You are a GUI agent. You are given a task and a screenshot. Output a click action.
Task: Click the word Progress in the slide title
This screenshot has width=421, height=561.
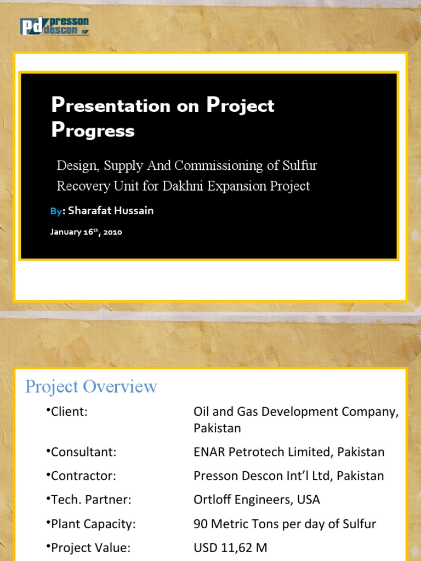93,130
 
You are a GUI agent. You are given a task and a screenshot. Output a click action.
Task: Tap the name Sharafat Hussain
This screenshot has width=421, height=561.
111,211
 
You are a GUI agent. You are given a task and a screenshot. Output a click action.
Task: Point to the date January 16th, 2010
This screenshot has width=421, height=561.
86,232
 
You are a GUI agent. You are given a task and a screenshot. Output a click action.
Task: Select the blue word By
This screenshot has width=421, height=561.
55,211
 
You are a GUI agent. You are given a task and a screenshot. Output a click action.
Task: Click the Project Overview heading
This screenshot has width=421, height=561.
91,387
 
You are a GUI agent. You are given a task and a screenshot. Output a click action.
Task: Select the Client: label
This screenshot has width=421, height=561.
69,412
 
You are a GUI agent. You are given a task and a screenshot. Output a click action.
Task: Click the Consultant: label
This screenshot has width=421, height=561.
83,452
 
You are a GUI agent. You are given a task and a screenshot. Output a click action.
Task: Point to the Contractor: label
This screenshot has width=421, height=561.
83,476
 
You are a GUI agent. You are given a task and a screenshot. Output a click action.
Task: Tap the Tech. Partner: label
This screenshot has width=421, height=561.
87,500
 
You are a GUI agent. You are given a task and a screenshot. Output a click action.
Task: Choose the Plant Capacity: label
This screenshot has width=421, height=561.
93,524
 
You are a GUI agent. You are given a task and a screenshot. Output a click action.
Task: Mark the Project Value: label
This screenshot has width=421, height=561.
91,547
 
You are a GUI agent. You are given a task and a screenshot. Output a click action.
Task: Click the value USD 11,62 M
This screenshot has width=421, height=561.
230,547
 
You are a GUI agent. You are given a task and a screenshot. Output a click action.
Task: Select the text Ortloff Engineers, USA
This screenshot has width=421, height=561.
257,500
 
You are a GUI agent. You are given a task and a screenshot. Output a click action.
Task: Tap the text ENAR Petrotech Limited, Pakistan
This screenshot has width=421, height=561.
289,452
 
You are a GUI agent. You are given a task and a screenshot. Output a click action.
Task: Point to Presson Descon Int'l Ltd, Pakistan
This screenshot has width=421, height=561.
289,476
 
